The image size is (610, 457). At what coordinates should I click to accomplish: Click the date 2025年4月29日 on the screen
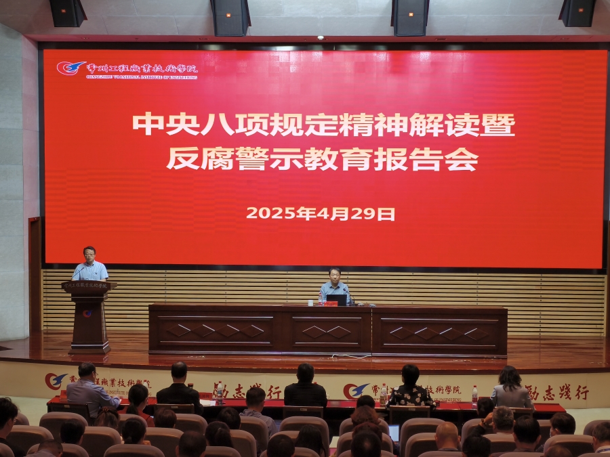pyautogui.click(x=320, y=213)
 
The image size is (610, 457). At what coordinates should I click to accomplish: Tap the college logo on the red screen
pyautogui.click(x=70, y=68)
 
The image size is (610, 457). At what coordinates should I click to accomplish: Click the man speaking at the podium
pyautogui.click(x=90, y=265)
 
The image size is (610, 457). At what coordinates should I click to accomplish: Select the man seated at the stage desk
pyautogui.click(x=335, y=287)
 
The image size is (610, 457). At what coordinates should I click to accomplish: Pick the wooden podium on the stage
pyautogui.click(x=89, y=315)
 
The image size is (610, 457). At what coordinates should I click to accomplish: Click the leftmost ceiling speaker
pyautogui.click(x=68, y=13)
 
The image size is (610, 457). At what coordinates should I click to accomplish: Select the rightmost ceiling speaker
pyautogui.click(x=577, y=13)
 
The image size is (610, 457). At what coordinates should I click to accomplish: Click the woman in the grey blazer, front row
pyautogui.click(x=510, y=389)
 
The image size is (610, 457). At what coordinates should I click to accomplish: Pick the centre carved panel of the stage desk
pyautogui.click(x=327, y=332)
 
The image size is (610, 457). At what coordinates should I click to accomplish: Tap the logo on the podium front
pyautogui.click(x=88, y=313)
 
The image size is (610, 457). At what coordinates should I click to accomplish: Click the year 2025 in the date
pyautogui.click(x=271, y=213)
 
